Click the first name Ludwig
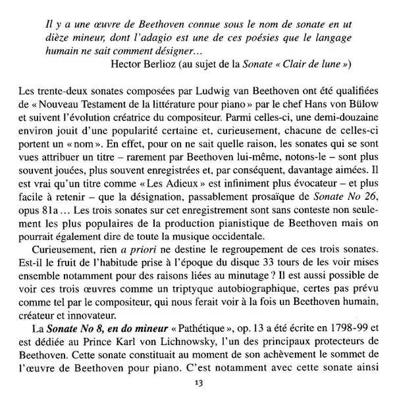[x=219, y=90]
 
